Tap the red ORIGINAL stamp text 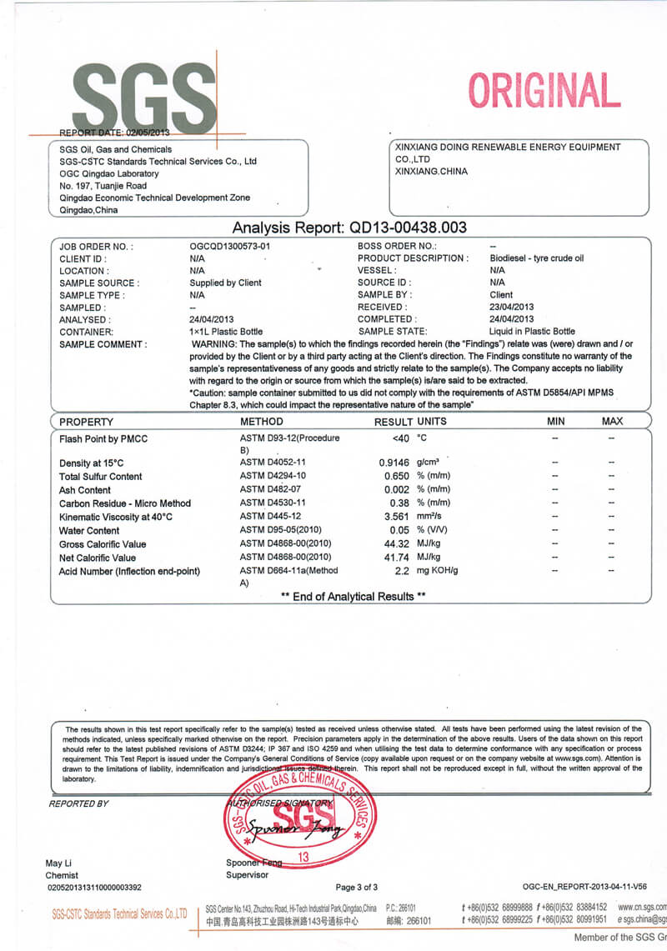coord(544,91)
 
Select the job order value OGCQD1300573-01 coord(230,247)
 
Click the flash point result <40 coord(400,438)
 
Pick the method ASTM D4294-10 coord(273,477)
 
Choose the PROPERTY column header coord(86,422)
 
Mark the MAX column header coord(612,422)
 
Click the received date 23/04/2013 coord(512,307)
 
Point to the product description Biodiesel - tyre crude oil coord(536,258)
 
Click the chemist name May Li coord(58,863)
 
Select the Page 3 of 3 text coord(356,888)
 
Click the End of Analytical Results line coord(353,597)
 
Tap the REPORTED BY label coord(78,803)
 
